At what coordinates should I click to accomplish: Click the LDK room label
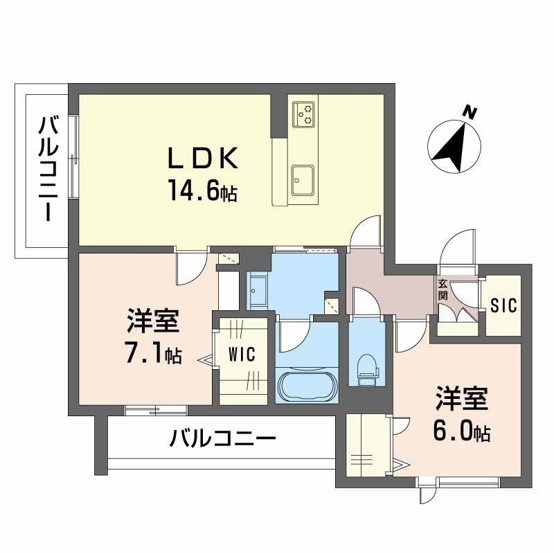click(x=203, y=159)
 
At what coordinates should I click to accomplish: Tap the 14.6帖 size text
click(x=202, y=190)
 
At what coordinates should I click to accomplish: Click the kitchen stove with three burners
click(x=303, y=114)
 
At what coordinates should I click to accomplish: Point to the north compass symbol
click(x=450, y=144)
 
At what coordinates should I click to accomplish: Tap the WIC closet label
click(x=242, y=355)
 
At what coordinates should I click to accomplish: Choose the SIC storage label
click(x=503, y=305)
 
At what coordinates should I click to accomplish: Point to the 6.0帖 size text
click(x=463, y=431)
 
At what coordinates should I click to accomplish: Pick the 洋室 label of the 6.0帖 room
click(x=462, y=400)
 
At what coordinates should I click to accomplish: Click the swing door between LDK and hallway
click(x=366, y=234)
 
